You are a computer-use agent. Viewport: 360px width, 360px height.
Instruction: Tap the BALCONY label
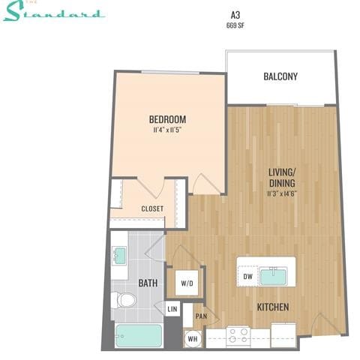coord(280,76)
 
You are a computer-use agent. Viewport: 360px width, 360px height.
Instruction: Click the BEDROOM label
coord(166,119)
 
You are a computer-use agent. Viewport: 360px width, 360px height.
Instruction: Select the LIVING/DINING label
coord(282,176)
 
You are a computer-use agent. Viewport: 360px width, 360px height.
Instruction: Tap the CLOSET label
coord(152,208)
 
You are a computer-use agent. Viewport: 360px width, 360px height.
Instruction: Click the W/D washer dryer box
coord(187,283)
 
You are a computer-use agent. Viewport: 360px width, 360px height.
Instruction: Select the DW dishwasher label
coord(247,277)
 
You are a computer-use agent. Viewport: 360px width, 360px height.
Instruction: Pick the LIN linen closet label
coord(172,308)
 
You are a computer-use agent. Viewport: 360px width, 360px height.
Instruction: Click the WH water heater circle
coord(192,337)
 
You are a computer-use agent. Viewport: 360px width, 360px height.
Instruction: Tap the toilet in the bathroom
coord(125,301)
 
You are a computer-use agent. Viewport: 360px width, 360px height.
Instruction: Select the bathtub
coord(139,335)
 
